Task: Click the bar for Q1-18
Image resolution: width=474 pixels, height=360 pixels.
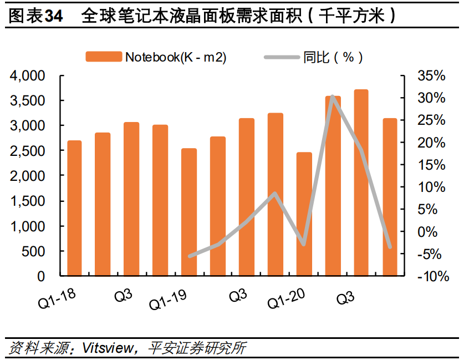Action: point(74,208)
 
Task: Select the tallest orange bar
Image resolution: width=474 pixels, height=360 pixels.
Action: point(361,182)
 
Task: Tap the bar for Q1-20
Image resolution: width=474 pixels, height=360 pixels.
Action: point(304,214)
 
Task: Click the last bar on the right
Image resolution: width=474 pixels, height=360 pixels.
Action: point(390,197)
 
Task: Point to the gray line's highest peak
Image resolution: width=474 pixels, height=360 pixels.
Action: point(332,97)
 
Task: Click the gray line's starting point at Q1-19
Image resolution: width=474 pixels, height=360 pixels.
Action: point(189,256)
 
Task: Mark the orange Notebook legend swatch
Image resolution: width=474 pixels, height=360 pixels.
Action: point(103,57)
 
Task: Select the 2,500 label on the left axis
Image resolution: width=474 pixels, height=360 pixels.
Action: point(33,151)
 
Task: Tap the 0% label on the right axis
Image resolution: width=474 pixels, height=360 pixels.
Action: point(434,232)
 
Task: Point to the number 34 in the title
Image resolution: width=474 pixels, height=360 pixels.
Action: point(53,16)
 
